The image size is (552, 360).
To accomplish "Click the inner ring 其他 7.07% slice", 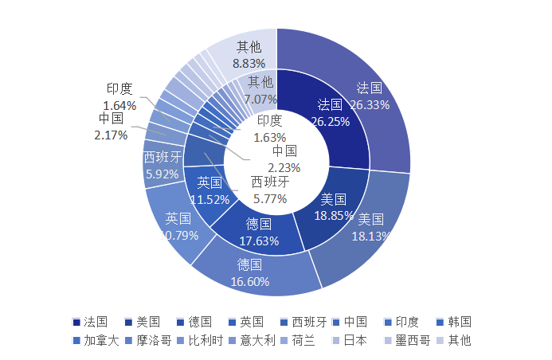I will (x=260, y=90).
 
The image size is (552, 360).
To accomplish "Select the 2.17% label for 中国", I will (x=111, y=135).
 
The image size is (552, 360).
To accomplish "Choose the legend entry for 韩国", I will (x=453, y=322).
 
